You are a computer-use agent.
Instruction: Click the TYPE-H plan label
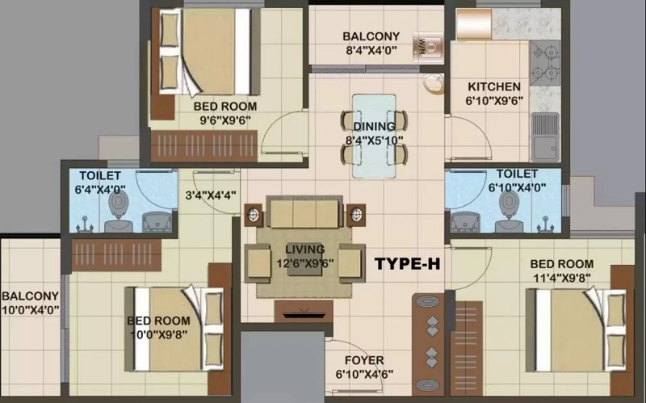coord(408,264)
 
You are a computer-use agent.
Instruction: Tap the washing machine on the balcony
coord(428,48)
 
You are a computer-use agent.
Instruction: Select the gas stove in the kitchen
coord(544,63)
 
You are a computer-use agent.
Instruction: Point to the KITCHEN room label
coord(494,87)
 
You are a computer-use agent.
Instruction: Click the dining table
coord(374,136)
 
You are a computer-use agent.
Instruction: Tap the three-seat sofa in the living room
coord(304,212)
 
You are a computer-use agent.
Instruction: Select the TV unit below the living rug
coord(304,311)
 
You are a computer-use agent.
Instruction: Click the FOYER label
coord(364,360)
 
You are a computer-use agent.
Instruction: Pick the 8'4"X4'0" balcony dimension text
coord(371,51)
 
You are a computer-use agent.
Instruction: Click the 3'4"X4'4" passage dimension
coord(211,195)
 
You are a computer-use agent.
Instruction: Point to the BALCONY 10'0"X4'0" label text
coord(30,303)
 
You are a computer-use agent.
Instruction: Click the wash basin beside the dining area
coord(433,84)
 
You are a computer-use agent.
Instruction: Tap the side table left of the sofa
coord(254,215)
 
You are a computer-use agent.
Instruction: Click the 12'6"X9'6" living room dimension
coord(305,263)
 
